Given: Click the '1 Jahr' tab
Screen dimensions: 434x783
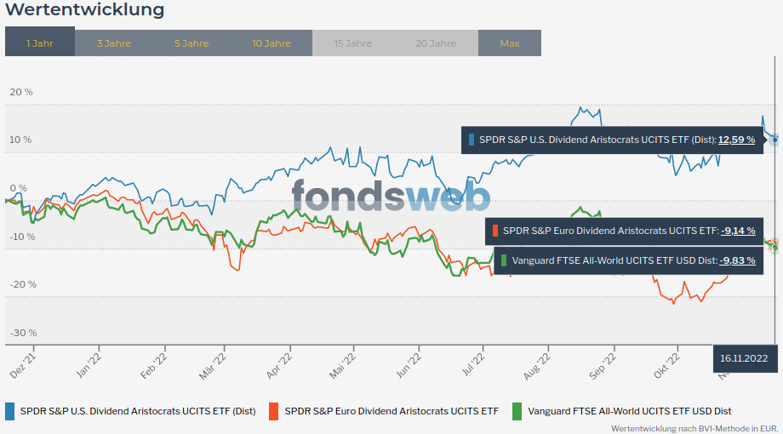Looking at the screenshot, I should (40, 43).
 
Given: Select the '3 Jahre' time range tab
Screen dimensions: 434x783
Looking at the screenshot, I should (113, 43).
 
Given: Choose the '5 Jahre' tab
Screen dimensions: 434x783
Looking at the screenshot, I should (191, 43).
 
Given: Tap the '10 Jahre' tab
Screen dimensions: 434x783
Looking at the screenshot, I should (271, 43).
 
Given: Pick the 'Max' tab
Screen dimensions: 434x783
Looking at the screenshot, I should (510, 43).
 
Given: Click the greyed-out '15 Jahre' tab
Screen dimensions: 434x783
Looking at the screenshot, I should (352, 43).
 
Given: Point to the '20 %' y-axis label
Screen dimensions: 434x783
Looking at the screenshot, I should (20, 92).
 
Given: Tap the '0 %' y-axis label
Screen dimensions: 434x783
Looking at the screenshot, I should (18, 188).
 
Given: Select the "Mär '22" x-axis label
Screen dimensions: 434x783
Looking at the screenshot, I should (213, 361).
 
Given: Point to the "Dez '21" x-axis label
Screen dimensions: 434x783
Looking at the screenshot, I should (22, 361).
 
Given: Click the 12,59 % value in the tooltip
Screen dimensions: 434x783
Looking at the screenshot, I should (736, 140).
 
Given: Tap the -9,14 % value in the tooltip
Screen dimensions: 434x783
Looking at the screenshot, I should (738, 230).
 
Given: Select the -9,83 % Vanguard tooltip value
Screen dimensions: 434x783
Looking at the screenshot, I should (738, 260).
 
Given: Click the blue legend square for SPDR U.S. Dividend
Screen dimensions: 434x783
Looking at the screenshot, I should (10, 411).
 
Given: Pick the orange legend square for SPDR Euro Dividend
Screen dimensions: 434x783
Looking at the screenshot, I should (274, 411).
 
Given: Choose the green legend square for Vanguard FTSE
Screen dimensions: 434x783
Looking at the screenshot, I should (517, 411).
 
